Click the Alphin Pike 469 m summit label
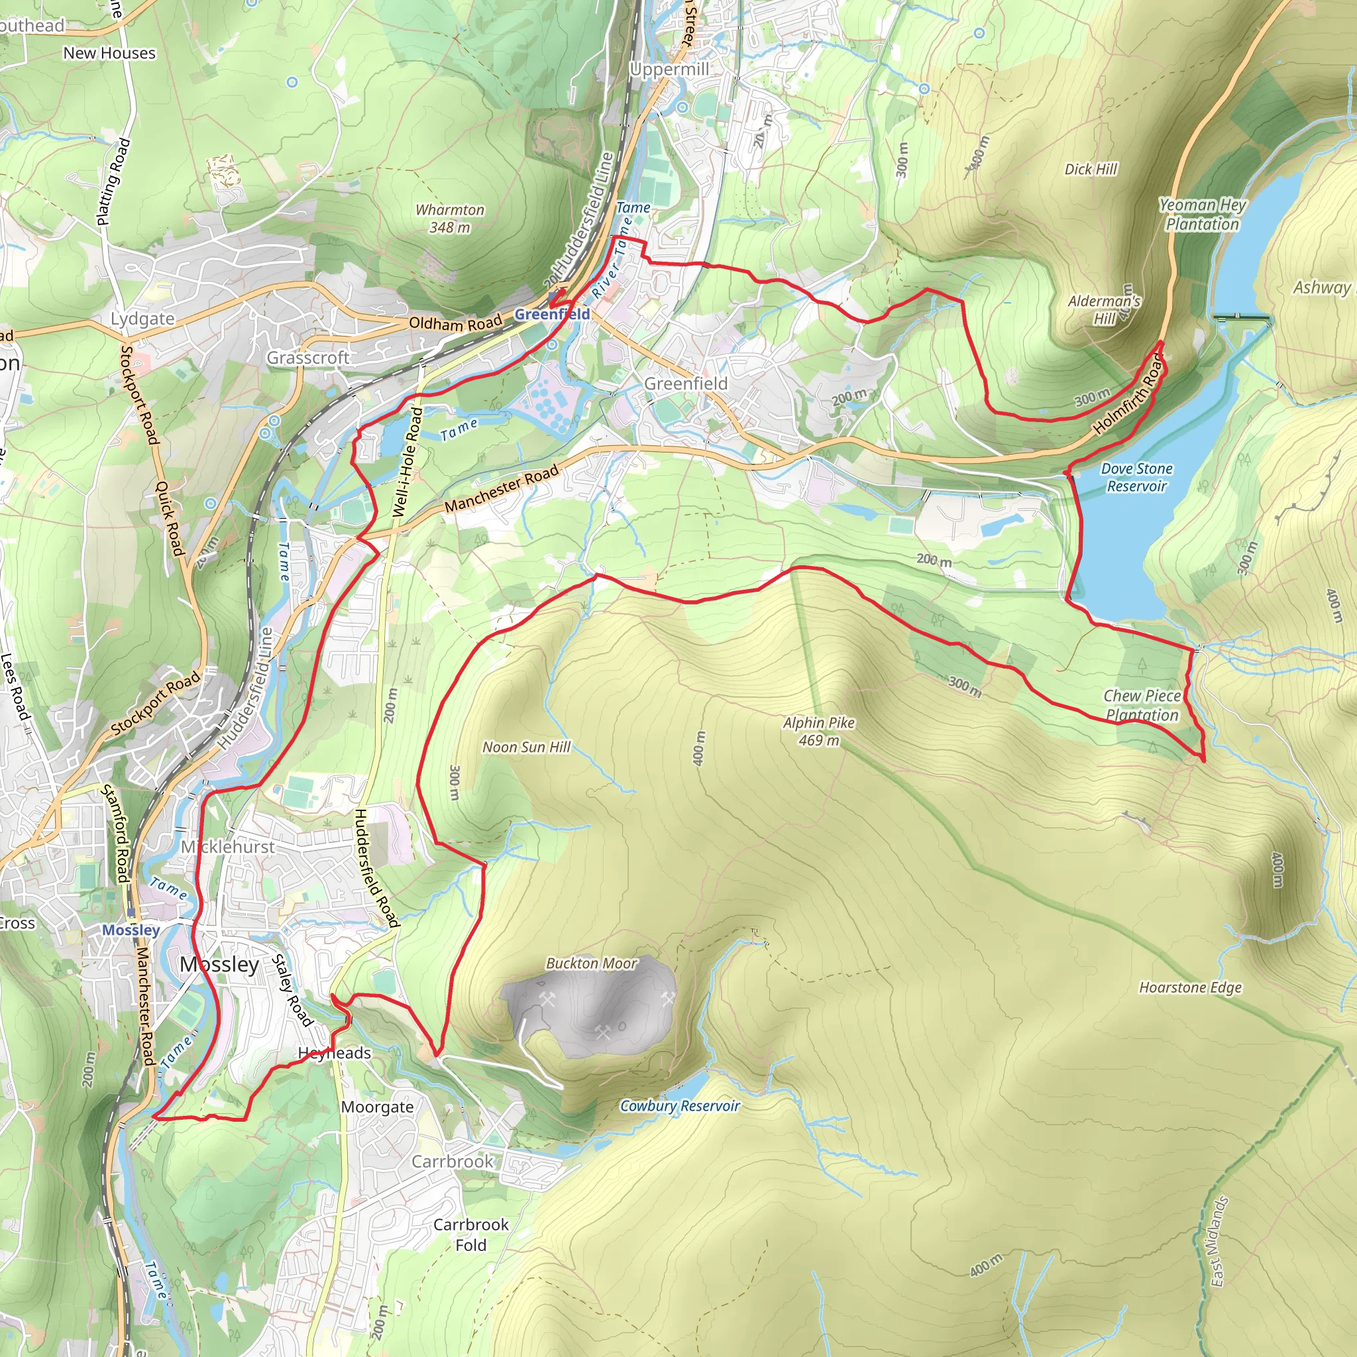(x=819, y=732)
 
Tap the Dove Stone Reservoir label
(x=1136, y=477)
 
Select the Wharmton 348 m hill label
(x=449, y=219)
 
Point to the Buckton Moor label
(x=592, y=963)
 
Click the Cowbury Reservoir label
(x=680, y=1106)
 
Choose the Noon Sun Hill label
(x=526, y=747)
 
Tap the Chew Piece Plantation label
(x=1142, y=705)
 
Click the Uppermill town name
(x=669, y=70)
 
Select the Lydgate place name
(x=142, y=319)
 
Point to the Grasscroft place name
(x=307, y=358)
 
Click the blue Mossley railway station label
(x=131, y=930)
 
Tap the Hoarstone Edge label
(x=1191, y=987)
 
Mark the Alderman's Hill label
(x=1104, y=309)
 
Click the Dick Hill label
(x=1090, y=169)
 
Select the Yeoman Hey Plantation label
(x=1203, y=214)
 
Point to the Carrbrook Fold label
(x=470, y=1234)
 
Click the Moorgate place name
(x=377, y=1107)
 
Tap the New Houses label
(x=109, y=54)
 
